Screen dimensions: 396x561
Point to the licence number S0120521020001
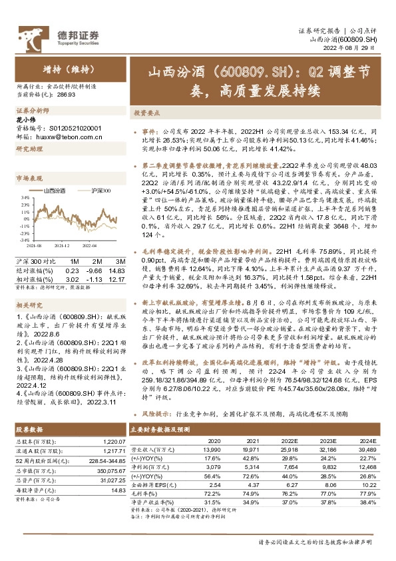[x=73, y=129]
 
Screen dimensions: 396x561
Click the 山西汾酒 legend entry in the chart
[x=53, y=191]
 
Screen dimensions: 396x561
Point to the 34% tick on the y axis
[x=25, y=198]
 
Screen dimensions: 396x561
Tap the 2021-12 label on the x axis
[x=62, y=246]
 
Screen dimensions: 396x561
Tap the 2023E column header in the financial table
[x=327, y=440]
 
